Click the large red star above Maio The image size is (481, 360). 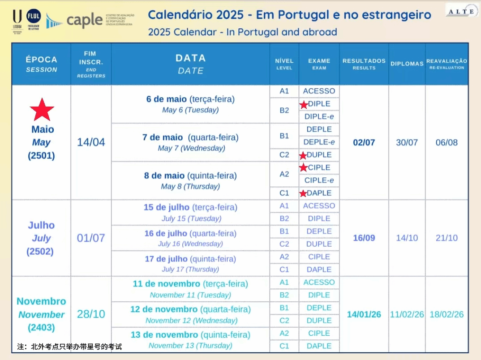42,110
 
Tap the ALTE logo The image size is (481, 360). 461,10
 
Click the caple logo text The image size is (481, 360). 84,20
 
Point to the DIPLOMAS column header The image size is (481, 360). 407,64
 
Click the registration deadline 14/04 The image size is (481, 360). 91,142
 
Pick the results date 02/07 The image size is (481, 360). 364,142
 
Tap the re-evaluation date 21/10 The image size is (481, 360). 447,238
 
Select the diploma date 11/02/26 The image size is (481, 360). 407,314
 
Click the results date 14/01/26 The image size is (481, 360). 364,314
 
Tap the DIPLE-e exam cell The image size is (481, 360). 319,116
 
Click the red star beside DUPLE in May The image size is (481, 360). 303,155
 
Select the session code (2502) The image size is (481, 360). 41,252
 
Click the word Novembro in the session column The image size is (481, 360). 41,301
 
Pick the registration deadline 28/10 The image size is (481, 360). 91,314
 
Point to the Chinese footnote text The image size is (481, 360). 69,347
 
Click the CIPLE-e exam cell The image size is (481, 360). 319,180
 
